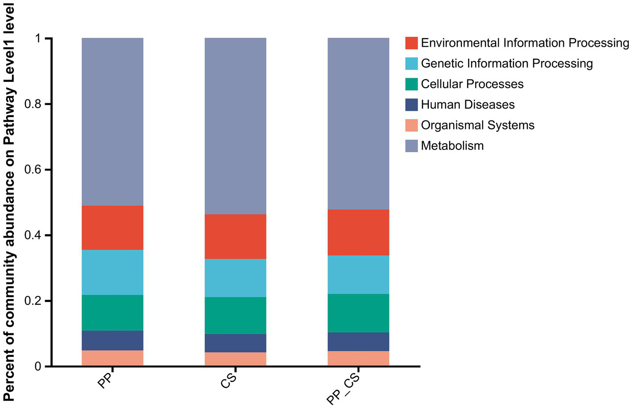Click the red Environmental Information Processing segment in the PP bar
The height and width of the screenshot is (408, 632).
(112, 227)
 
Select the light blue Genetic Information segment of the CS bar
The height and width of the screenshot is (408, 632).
(235, 278)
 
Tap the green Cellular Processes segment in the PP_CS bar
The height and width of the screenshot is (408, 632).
(358, 313)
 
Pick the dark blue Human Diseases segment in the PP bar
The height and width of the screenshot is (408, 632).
(112, 340)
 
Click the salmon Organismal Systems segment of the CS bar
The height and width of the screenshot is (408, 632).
(235, 359)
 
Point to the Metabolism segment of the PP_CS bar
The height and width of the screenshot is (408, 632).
(358, 124)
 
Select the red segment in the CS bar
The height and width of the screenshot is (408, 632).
(235, 236)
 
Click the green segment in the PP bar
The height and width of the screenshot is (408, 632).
(112, 312)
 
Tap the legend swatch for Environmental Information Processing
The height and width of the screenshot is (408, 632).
(411, 43)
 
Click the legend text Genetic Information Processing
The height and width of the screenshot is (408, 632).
(506, 64)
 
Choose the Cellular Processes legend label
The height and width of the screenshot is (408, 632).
(472, 84)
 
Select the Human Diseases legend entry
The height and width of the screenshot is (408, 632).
(468, 105)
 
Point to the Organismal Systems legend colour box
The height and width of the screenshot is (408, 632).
(411, 125)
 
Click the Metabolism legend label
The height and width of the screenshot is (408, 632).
(452, 146)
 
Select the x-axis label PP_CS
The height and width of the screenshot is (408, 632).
(343, 388)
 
